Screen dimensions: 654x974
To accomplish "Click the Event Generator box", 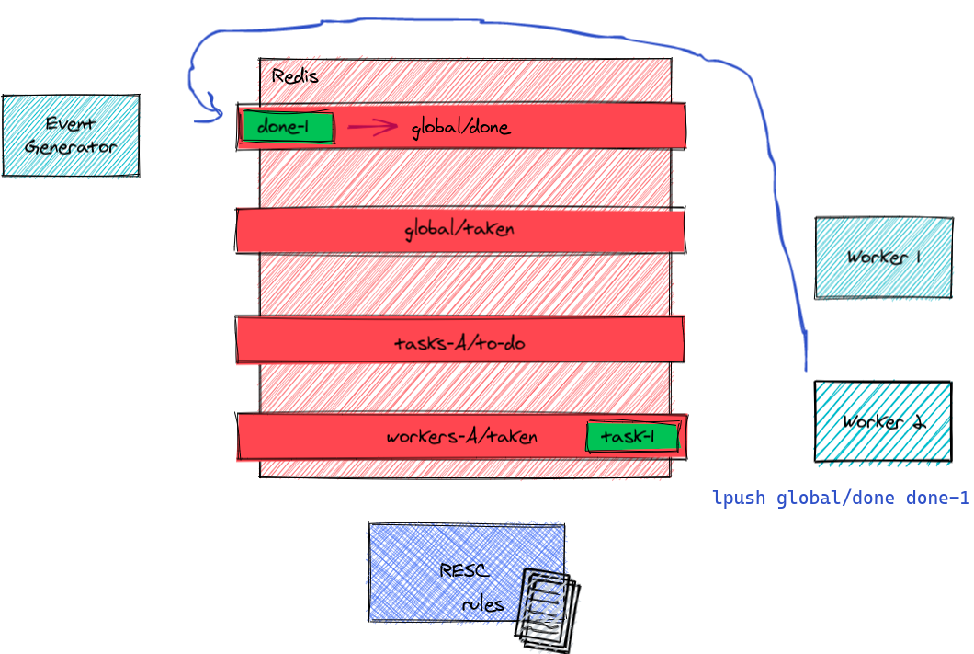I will (x=71, y=135).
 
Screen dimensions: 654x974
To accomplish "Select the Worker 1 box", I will (x=883, y=258).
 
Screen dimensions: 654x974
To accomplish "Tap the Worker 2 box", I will (x=882, y=421).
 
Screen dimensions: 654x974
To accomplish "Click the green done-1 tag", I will (x=286, y=128).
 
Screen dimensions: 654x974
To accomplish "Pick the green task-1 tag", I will (x=632, y=438).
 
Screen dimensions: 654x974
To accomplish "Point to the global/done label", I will (x=460, y=128).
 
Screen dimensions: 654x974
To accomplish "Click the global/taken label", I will (x=459, y=229).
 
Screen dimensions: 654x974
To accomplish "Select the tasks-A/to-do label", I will (x=459, y=344).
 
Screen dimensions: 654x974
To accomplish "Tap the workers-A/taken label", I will (x=461, y=437).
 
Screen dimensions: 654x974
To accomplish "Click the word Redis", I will (x=295, y=76).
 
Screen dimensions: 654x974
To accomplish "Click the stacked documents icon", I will (x=547, y=608).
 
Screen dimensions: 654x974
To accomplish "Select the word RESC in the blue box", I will (x=464, y=571).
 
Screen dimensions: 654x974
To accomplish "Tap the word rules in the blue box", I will (x=482, y=604).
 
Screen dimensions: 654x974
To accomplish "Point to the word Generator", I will (x=71, y=147).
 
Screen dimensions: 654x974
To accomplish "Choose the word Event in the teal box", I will (x=70, y=124).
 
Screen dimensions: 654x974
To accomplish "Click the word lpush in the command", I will (x=740, y=499).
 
